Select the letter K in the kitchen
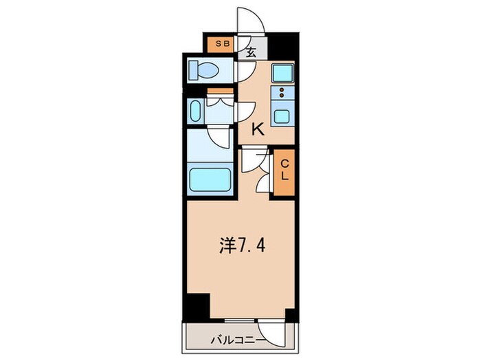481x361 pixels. coord(258,129)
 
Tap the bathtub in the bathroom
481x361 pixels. coord(211,179)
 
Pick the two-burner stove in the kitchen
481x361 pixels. coord(282,93)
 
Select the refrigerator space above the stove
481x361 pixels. coord(282,72)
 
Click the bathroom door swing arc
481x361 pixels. coord(219,136)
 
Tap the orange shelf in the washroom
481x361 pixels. coord(219,92)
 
